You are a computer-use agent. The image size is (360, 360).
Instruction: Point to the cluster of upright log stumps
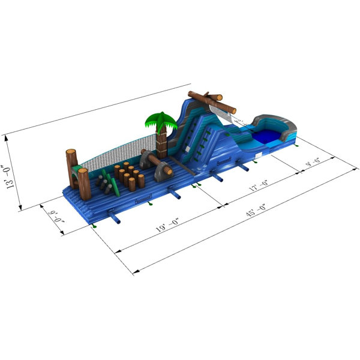[128, 175]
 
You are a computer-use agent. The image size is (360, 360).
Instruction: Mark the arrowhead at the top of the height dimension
[7, 136]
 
